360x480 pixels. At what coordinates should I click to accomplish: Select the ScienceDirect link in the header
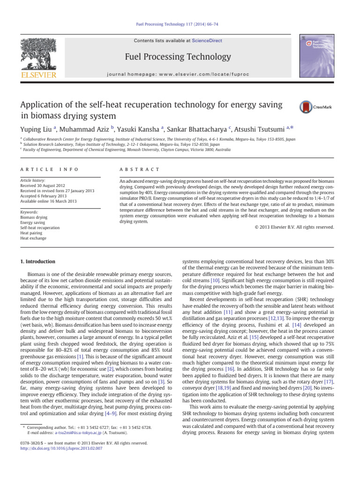coord(209,41)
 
